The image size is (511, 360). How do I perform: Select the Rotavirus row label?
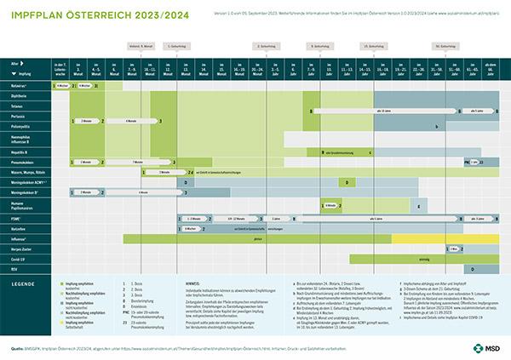(x=20, y=86)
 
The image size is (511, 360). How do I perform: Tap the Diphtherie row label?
(x=20, y=96)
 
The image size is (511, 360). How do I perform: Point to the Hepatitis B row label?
(x=20, y=151)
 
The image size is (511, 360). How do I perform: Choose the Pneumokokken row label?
(x=23, y=161)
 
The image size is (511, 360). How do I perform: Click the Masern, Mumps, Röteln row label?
(x=27, y=172)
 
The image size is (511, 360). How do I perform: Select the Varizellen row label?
(x=20, y=228)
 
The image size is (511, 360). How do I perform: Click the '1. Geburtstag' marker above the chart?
(x=178, y=45)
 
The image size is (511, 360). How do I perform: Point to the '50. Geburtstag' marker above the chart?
(x=442, y=45)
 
